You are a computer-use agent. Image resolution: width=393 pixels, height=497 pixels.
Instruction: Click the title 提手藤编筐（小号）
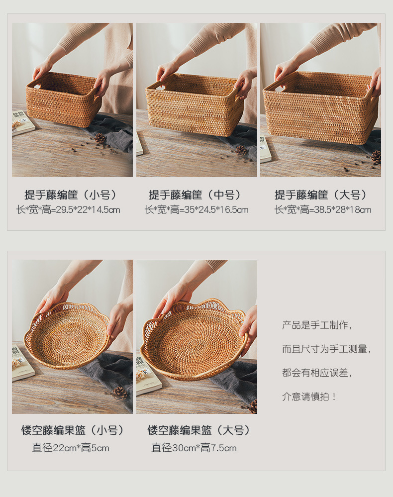click(72, 195)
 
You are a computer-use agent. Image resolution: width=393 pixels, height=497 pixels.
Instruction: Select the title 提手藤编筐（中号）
click(196, 195)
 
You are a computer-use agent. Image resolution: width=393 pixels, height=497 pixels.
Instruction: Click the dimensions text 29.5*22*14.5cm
click(68, 210)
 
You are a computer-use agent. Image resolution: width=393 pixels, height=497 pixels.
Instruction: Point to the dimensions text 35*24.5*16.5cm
click(196, 210)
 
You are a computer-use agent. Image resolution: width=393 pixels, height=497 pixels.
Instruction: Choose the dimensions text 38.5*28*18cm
click(323, 210)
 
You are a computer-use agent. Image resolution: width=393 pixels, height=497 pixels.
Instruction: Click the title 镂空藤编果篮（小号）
click(72, 430)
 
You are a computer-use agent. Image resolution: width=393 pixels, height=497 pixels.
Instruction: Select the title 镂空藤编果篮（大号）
click(199, 430)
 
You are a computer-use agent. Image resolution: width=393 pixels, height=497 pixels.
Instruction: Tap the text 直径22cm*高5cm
click(71, 448)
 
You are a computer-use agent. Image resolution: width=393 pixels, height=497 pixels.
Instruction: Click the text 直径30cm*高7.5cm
click(194, 448)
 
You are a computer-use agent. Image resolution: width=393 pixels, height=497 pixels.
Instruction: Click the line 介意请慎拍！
click(310, 397)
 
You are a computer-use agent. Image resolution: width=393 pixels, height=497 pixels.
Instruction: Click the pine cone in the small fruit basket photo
click(119, 393)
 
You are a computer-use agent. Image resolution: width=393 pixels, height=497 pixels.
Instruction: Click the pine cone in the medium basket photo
click(241, 150)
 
